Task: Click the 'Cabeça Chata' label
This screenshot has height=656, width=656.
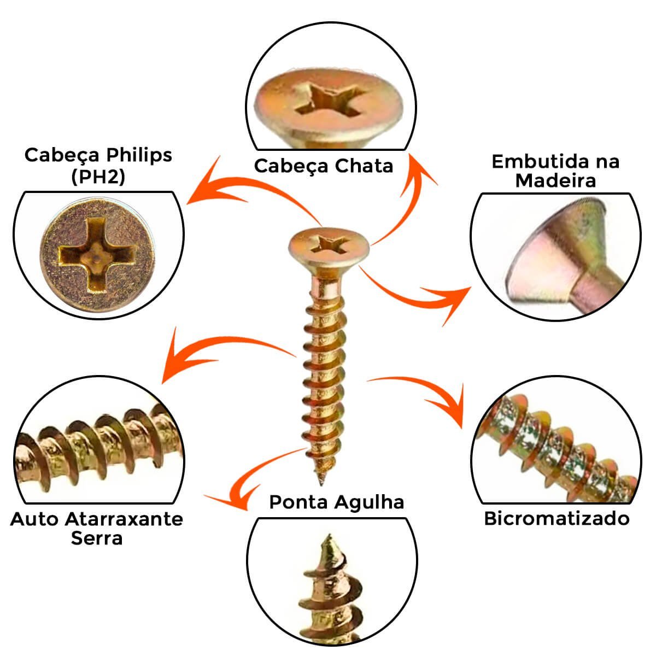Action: click(324, 167)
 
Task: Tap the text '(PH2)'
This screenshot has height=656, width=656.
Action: click(98, 177)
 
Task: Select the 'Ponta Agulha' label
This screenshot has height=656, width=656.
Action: click(336, 503)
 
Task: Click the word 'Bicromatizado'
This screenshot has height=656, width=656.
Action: click(557, 519)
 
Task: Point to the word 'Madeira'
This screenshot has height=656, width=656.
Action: click(555, 180)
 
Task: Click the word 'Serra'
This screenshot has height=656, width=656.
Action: click(97, 538)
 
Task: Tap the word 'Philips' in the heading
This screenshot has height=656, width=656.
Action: click(139, 156)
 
